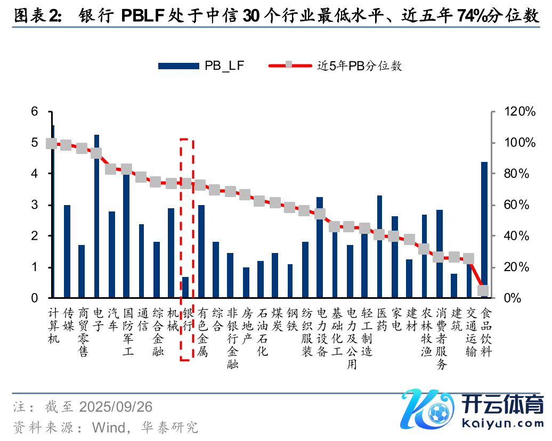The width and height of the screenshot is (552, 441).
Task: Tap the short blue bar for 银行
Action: [x=185, y=287]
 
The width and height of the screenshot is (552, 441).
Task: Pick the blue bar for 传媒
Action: [x=67, y=251]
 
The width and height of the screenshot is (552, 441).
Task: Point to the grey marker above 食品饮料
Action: [x=483, y=290]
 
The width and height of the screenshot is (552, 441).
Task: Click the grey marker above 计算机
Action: [x=51, y=143]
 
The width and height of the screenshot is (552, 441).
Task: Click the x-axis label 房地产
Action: [x=246, y=331]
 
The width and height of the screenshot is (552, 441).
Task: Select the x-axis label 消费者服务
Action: [x=440, y=338]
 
